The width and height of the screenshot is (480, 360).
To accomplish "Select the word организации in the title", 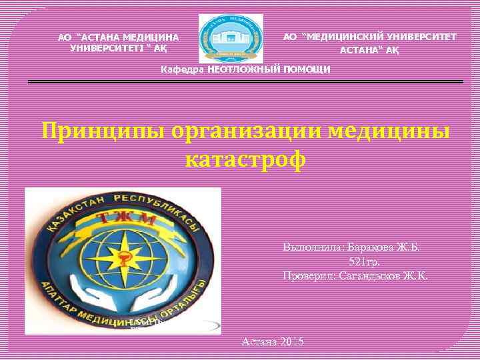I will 247,131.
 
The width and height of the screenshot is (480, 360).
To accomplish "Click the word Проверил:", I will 309,275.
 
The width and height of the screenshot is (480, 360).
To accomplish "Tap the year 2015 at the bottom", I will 291,341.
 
